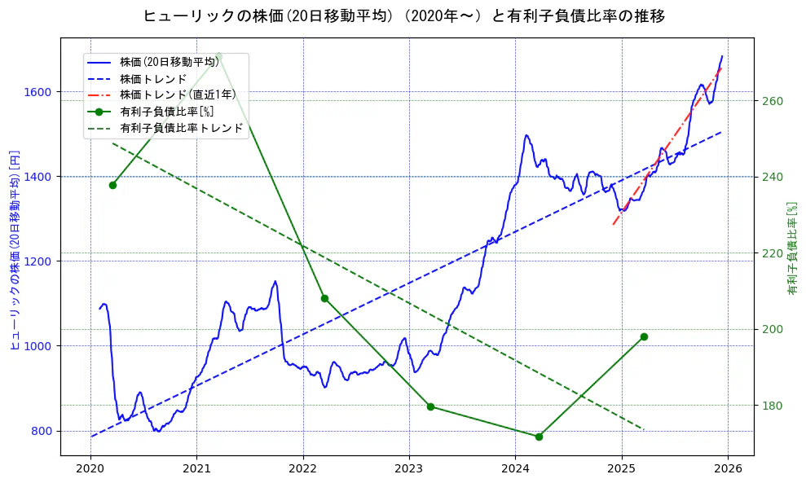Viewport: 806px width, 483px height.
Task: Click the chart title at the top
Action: (403, 15)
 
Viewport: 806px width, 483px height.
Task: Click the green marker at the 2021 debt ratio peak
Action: (218, 55)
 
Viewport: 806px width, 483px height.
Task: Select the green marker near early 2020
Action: (112, 185)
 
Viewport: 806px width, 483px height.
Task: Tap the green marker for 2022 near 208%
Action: (324, 298)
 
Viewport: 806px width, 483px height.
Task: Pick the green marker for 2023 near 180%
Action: (430, 406)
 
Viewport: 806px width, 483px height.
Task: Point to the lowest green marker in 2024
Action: (539, 437)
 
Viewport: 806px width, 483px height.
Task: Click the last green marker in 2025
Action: (644, 336)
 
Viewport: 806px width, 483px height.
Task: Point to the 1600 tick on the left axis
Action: (39, 92)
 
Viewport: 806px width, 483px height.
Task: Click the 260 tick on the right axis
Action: (772, 101)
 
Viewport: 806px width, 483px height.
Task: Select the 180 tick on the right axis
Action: (772, 406)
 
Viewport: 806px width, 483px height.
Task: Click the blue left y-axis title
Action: (14, 250)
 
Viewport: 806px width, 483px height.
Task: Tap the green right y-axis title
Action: (791, 248)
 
